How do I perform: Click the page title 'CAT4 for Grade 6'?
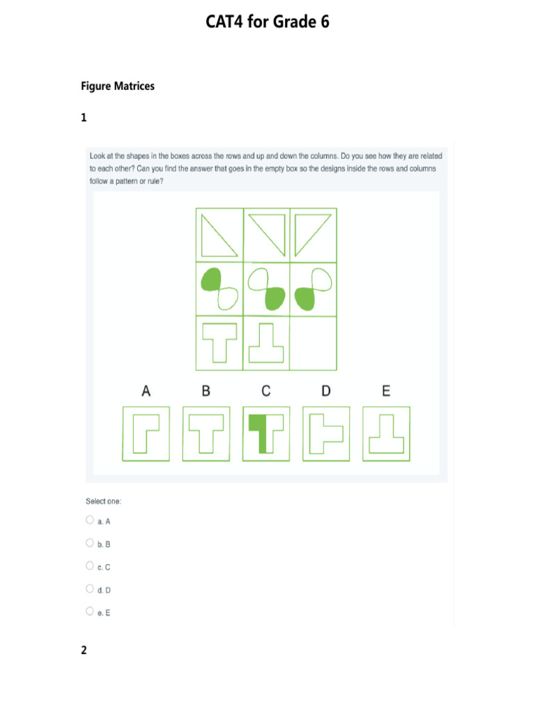[267, 23]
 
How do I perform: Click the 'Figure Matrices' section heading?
[118, 86]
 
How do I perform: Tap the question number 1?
[84, 119]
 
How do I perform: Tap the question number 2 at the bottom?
[84, 651]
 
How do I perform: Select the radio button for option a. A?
[90, 520]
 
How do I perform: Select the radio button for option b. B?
[90, 542]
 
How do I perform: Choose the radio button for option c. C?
[90, 565]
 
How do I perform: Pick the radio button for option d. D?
[90, 588]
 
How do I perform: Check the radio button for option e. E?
[90, 612]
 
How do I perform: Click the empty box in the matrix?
[313, 343]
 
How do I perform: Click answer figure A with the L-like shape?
[146, 434]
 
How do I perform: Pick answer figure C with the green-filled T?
[265, 434]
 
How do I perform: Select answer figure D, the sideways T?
[325, 434]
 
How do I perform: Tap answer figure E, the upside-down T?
[386, 434]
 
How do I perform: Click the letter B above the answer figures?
[206, 392]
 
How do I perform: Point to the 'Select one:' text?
[103, 501]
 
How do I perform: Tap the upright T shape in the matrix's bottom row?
[219, 342]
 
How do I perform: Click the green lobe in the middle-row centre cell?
[275, 298]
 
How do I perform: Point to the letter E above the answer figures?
[386, 392]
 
